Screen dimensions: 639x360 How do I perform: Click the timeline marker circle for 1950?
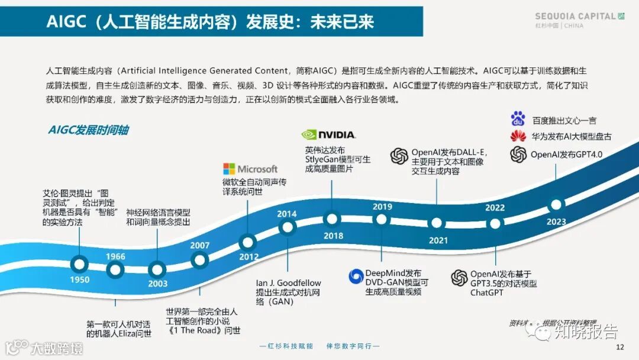pos(79,263)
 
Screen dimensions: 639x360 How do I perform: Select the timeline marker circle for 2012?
pos(248,242)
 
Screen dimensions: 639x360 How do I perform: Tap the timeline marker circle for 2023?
pos(555,205)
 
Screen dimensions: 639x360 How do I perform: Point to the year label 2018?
pos(333,236)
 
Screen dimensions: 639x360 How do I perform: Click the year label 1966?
pos(115,256)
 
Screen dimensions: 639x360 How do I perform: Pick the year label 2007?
pos(200,246)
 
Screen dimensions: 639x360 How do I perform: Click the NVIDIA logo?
pos(328,134)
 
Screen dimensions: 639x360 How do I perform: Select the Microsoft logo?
pos(250,169)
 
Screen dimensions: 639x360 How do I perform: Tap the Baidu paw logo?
pos(518,120)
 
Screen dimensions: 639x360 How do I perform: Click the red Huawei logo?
pos(518,137)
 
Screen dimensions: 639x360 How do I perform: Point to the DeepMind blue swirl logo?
pos(356,277)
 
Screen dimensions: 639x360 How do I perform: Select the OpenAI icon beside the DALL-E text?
pos(399,156)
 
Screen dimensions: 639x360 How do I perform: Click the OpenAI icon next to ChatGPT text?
pos(459,278)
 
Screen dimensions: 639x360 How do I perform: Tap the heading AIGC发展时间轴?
pos(89,130)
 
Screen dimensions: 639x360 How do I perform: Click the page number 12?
pos(620,347)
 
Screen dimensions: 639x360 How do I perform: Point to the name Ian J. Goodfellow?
pos(288,283)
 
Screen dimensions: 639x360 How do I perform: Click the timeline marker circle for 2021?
pos(437,223)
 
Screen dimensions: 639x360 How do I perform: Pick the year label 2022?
pos(495,208)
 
